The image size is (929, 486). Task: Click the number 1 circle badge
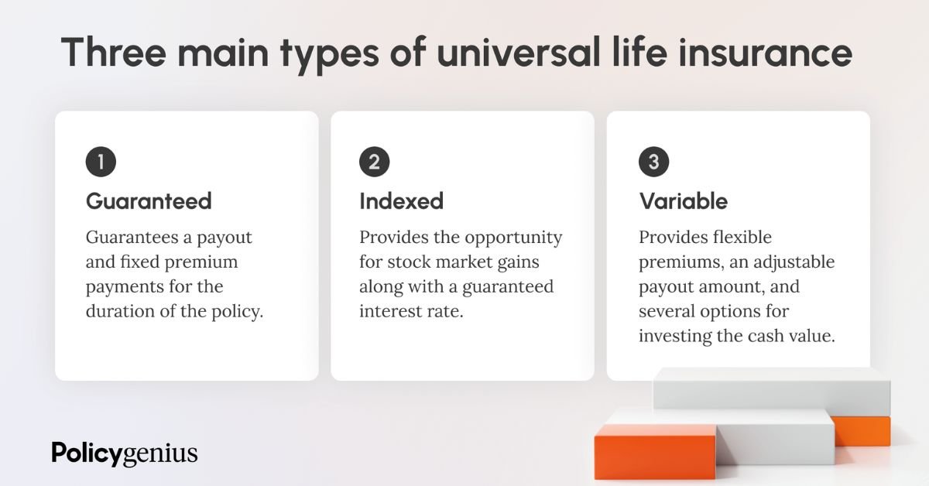click(101, 162)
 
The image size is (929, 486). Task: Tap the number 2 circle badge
click(374, 162)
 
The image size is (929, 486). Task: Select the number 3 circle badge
click(653, 162)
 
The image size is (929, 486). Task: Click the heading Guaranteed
click(149, 201)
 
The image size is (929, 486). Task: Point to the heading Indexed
click(401, 201)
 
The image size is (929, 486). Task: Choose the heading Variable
click(683, 201)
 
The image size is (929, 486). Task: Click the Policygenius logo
click(125, 453)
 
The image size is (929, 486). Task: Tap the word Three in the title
click(113, 53)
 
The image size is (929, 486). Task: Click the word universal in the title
click(519, 53)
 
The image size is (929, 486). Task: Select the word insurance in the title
click(765, 53)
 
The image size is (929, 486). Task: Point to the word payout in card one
click(225, 238)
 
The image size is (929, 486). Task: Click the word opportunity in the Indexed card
click(513, 238)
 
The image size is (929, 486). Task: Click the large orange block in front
click(655, 451)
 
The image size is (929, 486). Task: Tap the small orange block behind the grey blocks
click(862, 431)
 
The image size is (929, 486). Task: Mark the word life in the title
click(639, 53)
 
